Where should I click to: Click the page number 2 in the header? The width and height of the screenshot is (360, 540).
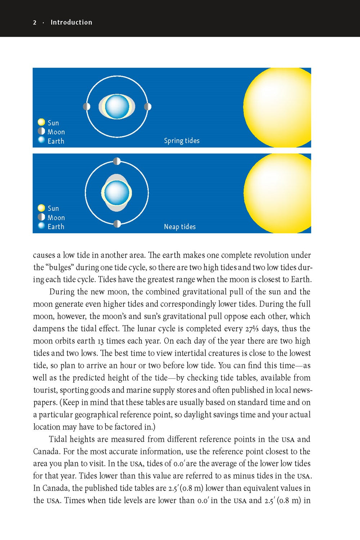(x=35, y=22)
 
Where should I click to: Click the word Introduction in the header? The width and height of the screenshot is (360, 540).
(x=71, y=22)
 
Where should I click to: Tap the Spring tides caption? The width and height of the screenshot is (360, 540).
(x=181, y=141)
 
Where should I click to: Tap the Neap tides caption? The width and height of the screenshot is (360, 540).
(x=180, y=227)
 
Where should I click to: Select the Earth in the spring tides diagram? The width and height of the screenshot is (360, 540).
(x=117, y=107)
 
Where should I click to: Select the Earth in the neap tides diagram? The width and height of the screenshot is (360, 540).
(x=117, y=193)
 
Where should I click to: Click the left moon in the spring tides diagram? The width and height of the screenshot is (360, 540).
(x=86, y=107)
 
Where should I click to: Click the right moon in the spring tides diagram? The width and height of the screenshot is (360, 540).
(x=148, y=107)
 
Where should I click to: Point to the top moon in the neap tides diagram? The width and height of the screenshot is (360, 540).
(x=117, y=161)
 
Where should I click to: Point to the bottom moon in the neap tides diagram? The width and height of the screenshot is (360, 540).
(x=117, y=224)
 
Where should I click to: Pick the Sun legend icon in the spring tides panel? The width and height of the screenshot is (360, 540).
(x=41, y=122)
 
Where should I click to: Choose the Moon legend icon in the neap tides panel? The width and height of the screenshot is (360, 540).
(x=41, y=217)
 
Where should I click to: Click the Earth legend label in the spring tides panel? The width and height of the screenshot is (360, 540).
(x=56, y=141)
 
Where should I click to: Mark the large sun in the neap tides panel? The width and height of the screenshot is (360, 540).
(x=279, y=193)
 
